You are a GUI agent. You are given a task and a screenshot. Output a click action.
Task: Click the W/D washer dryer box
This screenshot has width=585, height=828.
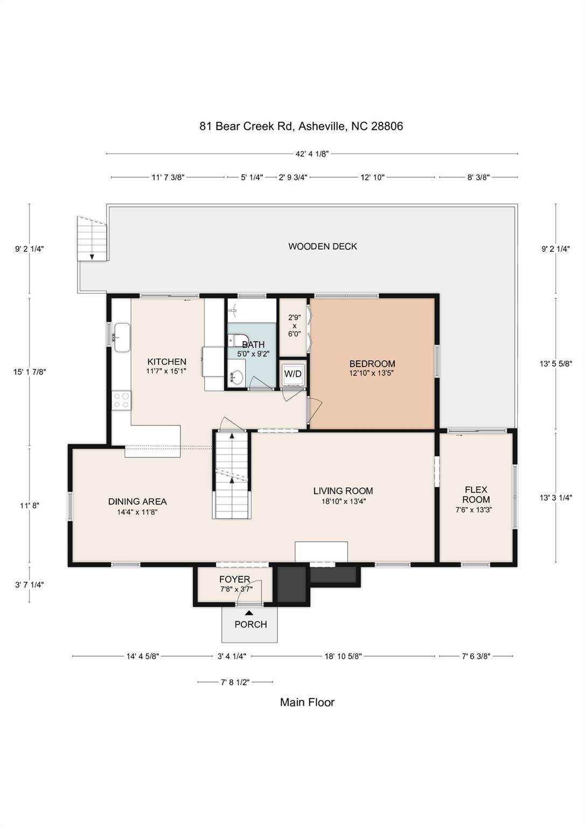(x=293, y=374)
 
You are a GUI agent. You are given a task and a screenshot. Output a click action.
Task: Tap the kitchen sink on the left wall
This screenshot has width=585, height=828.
(x=122, y=337)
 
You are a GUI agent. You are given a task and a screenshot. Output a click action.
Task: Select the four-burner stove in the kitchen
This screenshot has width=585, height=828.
(x=121, y=400)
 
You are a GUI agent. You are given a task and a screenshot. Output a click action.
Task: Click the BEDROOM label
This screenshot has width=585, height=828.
(x=372, y=364)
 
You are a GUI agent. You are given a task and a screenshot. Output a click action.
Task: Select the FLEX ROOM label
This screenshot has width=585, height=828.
(x=476, y=494)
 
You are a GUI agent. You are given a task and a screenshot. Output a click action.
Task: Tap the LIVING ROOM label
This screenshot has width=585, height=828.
(x=343, y=491)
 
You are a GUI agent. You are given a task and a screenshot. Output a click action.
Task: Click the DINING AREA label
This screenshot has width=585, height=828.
(x=137, y=502)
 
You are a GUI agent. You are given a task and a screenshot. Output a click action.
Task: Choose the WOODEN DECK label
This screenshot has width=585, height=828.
(x=323, y=246)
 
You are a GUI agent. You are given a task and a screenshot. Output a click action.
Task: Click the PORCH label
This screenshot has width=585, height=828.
(x=250, y=624)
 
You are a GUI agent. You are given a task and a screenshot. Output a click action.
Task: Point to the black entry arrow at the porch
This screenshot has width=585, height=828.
(x=249, y=612)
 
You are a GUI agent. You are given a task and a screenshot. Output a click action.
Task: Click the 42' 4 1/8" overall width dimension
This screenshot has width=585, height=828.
(x=312, y=154)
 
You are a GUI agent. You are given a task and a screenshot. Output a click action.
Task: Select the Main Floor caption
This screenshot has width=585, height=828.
(x=307, y=702)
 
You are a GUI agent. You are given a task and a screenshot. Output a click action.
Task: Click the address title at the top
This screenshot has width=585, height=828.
(x=301, y=126)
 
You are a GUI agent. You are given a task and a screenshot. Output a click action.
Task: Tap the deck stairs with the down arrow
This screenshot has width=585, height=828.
(x=92, y=239)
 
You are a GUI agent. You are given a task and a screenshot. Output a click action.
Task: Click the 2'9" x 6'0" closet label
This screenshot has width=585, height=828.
(x=294, y=326)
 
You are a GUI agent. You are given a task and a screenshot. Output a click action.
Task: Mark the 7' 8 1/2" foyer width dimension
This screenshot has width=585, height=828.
(x=235, y=682)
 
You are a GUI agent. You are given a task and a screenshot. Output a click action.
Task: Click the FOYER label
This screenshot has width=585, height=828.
(x=234, y=579)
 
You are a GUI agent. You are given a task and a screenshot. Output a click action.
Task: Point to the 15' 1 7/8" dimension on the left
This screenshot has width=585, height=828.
(x=30, y=371)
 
